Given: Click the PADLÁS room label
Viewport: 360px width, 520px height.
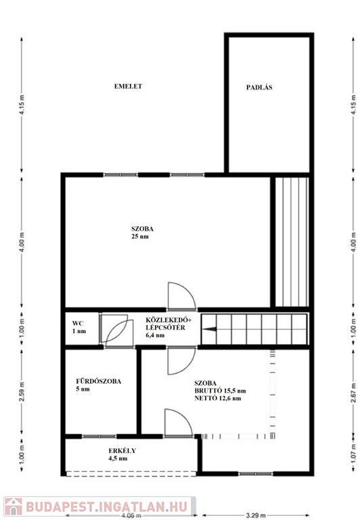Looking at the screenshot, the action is pos(259,87).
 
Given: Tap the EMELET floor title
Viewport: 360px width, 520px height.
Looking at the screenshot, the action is pos(128,86).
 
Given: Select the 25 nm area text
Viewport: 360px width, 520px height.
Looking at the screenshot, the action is pos(140,236).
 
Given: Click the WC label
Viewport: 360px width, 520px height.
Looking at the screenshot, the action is pos(78,324).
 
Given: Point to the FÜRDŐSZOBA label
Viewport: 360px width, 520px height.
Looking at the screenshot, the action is pos(98,381).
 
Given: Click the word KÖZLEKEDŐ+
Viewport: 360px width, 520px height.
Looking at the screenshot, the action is pos(168,320).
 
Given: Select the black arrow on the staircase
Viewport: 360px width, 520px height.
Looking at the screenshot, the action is pos(210,329).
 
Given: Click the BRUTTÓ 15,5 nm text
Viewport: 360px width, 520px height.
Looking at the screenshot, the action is pos(220,391).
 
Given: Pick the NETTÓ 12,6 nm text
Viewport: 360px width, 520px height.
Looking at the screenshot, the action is pos(218,398).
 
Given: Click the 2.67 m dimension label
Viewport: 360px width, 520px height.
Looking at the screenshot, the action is pos(354,391).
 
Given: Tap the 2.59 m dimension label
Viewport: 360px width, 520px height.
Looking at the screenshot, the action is pos(22,391).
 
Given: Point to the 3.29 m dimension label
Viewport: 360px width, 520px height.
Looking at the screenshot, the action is pos(256,515).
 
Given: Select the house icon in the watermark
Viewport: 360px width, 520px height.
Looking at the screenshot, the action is pos(14,506).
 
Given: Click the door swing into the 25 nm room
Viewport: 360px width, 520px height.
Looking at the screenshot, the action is pos(181,295).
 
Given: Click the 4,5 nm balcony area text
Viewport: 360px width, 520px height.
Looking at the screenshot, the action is pos(118,458).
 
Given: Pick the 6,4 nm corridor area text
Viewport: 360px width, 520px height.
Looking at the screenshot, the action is pos(155,335).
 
